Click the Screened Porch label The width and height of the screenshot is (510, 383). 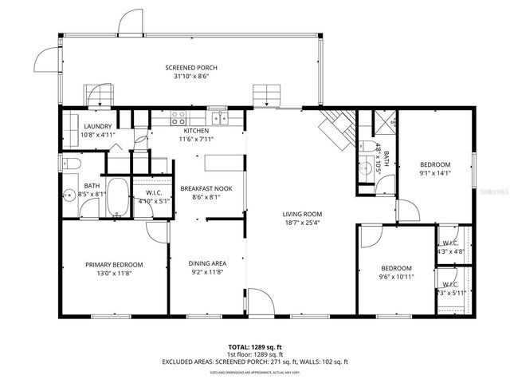pyautogui.click(x=190, y=68)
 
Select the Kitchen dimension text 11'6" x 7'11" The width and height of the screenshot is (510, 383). pyautogui.click(x=196, y=140)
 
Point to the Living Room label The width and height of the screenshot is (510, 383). pyautogui.click(x=302, y=214)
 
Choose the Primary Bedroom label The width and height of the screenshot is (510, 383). pyautogui.click(x=114, y=264)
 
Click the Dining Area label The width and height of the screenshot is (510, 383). pyautogui.click(x=207, y=264)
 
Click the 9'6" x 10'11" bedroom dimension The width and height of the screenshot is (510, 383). pyautogui.click(x=395, y=277)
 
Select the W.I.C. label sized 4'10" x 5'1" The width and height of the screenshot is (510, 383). pyautogui.click(x=154, y=201)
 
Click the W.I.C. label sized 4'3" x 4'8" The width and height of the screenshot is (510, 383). pyautogui.click(x=449, y=252)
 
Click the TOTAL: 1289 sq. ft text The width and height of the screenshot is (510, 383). pyautogui.click(x=255, y=347)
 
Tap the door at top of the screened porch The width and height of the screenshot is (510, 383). pyautogui.click(x=130, y=24)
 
